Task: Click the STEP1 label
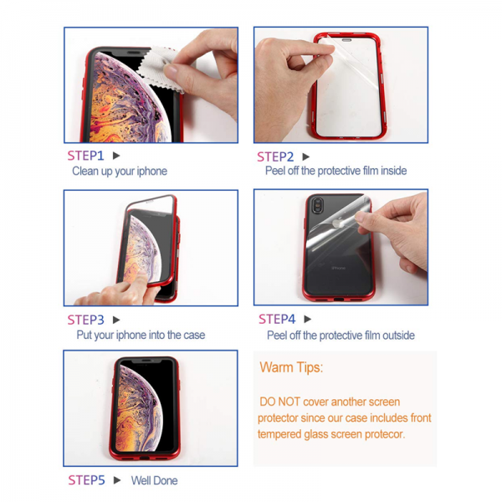pos(85,156)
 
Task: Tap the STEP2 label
pos(275,157)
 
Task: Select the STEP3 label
pos(85,320)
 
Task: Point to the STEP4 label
pos(277,320)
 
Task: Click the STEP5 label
pos(86,480)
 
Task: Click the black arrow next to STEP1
pos(116,156)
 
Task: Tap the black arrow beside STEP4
pos(308,320)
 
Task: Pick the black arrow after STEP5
pos(117,480)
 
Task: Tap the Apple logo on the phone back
pos(338,223)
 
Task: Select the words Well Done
pos(154,480)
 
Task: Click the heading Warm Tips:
pos(291,367)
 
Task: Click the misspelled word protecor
pos(385,434)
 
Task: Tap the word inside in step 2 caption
pos(394,171)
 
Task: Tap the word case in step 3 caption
pos(194,335)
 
